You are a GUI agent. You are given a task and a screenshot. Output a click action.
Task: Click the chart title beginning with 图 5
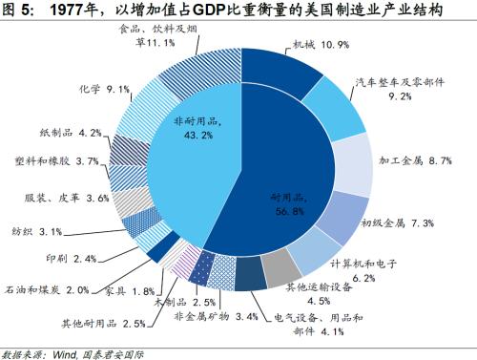238,11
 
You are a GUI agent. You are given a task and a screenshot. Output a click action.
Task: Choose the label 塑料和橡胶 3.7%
58,162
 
